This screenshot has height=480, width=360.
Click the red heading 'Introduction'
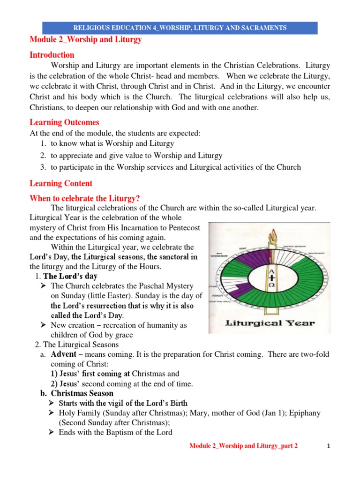point(52,55)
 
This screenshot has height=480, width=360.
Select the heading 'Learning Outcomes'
point(64,122)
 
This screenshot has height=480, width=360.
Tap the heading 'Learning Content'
point(61,183)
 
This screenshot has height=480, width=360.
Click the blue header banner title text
point(180,28)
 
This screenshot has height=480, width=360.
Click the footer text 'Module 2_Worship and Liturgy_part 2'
point(243,446)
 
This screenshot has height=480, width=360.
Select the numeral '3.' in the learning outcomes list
point(43,167)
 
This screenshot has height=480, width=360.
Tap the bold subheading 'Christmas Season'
point(82,393)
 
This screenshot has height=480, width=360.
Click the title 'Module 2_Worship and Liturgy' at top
point(85,40)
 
